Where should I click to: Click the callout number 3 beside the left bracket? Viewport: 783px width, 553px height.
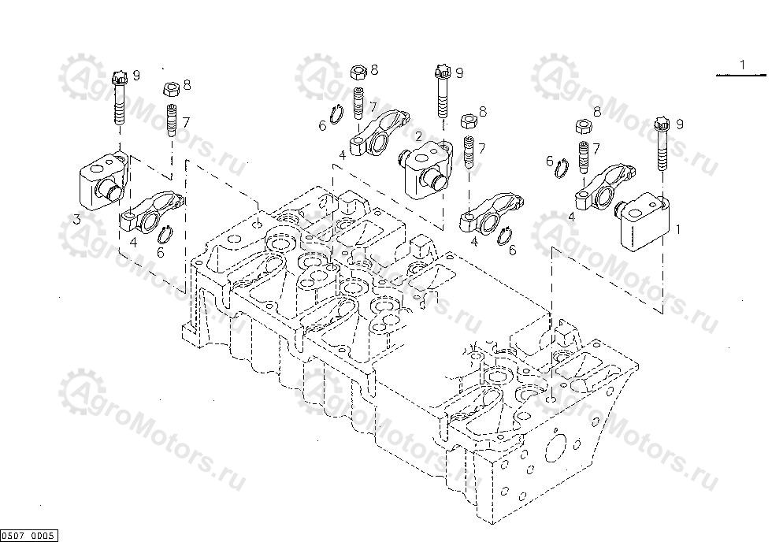[x=76, y=220]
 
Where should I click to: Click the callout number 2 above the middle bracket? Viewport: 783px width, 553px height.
[x=419, y=136]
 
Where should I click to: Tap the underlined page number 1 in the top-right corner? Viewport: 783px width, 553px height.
[x=741, y=64]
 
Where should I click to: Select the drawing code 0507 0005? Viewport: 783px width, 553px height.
[x=29, y=536]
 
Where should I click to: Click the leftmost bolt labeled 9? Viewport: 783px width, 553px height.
[x=120, y=98]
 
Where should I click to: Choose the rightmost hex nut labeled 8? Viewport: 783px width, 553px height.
[x=584, y=125]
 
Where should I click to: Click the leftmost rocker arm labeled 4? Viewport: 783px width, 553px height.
[x=150, y=212]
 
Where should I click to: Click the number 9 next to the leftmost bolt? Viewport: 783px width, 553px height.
[x=135, y=75]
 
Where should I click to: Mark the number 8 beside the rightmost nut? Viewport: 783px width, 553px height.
[x=596, y=112]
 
